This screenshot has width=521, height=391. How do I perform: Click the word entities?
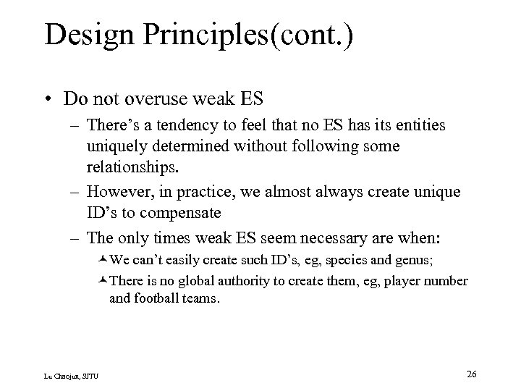[x=420, y=126]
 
